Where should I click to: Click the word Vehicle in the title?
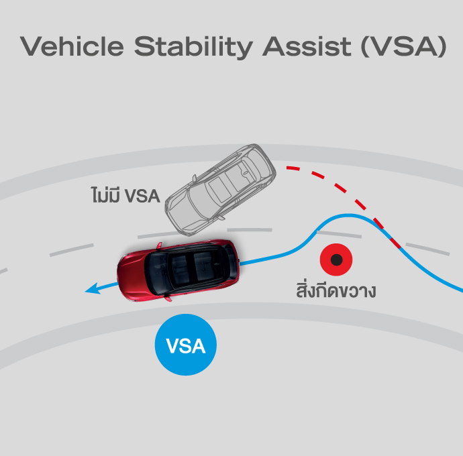[72, 46]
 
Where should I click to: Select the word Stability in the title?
[193, 48]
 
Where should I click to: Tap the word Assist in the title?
[307, 46]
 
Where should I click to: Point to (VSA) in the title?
[404, 47]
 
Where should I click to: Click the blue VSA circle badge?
[186, 345]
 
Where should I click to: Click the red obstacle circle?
[336, 260]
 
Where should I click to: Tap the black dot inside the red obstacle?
[336, 260]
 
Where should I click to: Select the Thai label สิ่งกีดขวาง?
[336, 290]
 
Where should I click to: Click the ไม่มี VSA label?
[125, 194]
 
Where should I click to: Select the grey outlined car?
[221, 190]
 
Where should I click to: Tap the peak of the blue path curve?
[350, 215]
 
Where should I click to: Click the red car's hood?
[132, 274]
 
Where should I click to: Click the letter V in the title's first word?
[30, 46]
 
